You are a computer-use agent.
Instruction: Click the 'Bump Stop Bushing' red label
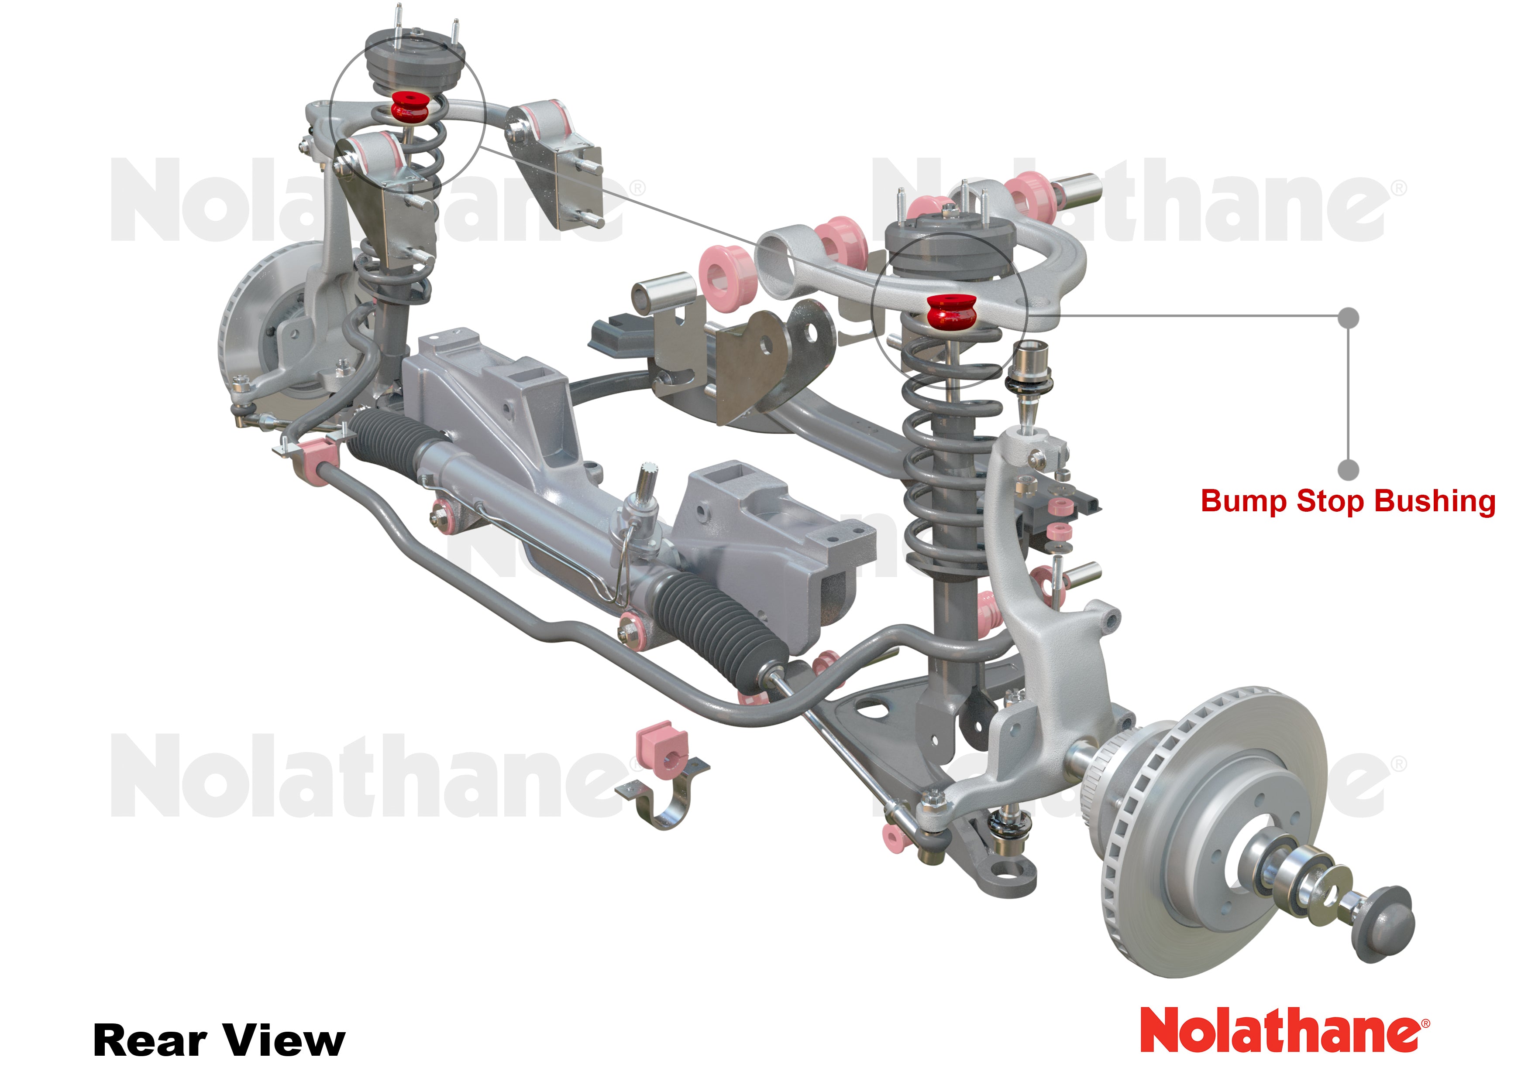pos(1348,501)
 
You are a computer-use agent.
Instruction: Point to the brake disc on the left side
pos(255,322)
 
